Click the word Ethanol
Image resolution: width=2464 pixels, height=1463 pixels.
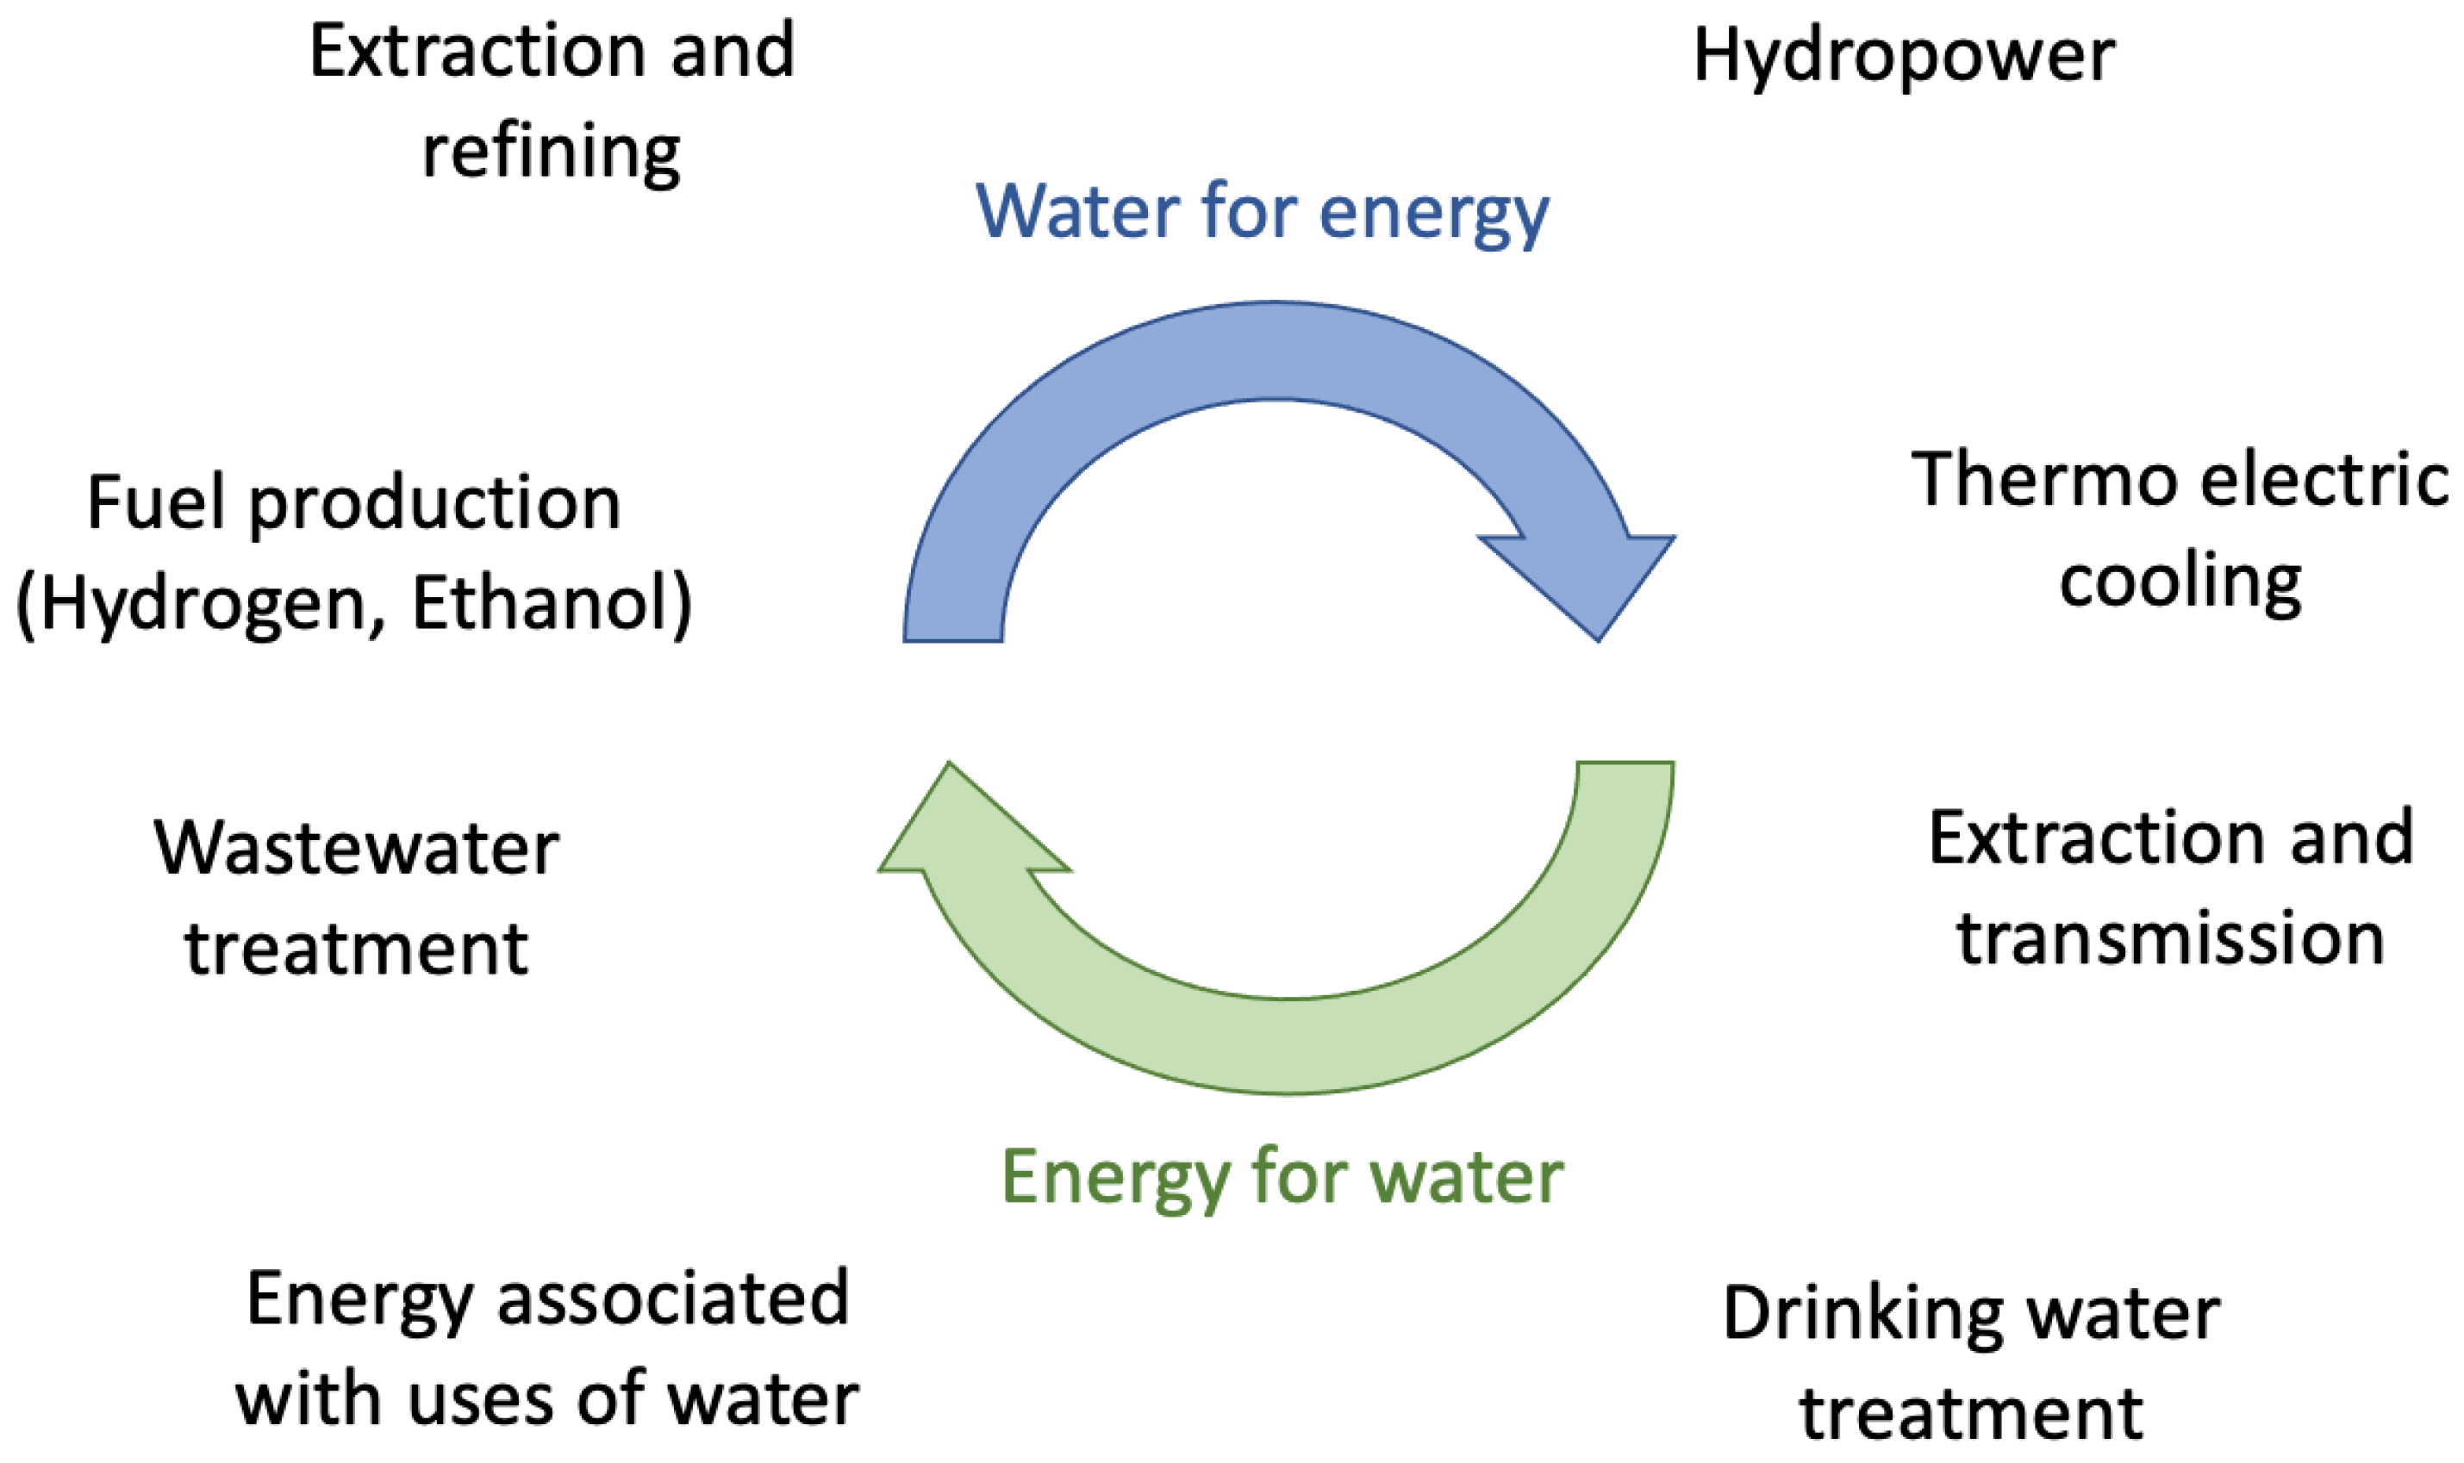pos(552,602)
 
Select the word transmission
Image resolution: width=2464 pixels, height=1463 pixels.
pos(2170,937)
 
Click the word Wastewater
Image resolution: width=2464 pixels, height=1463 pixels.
pos(357,849)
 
